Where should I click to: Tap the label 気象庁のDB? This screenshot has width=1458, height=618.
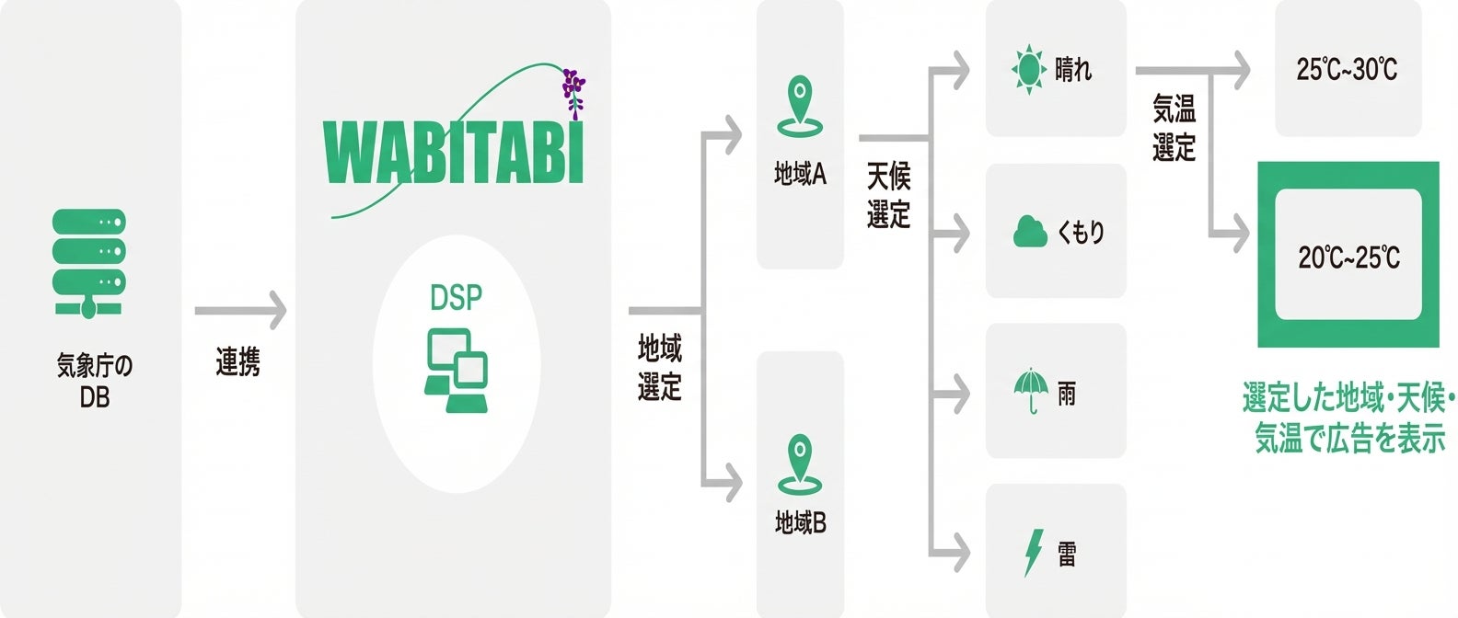94,381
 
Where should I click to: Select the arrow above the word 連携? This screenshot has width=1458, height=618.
240,311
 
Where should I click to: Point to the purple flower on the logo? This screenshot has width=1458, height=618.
573,90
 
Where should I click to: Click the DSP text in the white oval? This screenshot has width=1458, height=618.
456,298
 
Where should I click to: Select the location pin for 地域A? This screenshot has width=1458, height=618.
799,107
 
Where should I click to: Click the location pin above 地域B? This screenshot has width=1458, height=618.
799,464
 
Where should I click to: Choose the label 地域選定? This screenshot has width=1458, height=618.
660,368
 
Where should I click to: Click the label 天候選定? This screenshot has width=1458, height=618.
888,195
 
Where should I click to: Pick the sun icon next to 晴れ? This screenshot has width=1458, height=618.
1028,69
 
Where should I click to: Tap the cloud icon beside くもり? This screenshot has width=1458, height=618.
1030,231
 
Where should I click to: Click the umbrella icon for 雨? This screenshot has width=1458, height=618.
1031,391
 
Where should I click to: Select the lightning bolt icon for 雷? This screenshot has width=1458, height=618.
1034,552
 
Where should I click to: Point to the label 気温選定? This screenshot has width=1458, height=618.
1174,128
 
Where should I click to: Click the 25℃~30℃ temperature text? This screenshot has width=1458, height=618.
1347,69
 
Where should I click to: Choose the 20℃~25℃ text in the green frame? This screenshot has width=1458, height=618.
1348,257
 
